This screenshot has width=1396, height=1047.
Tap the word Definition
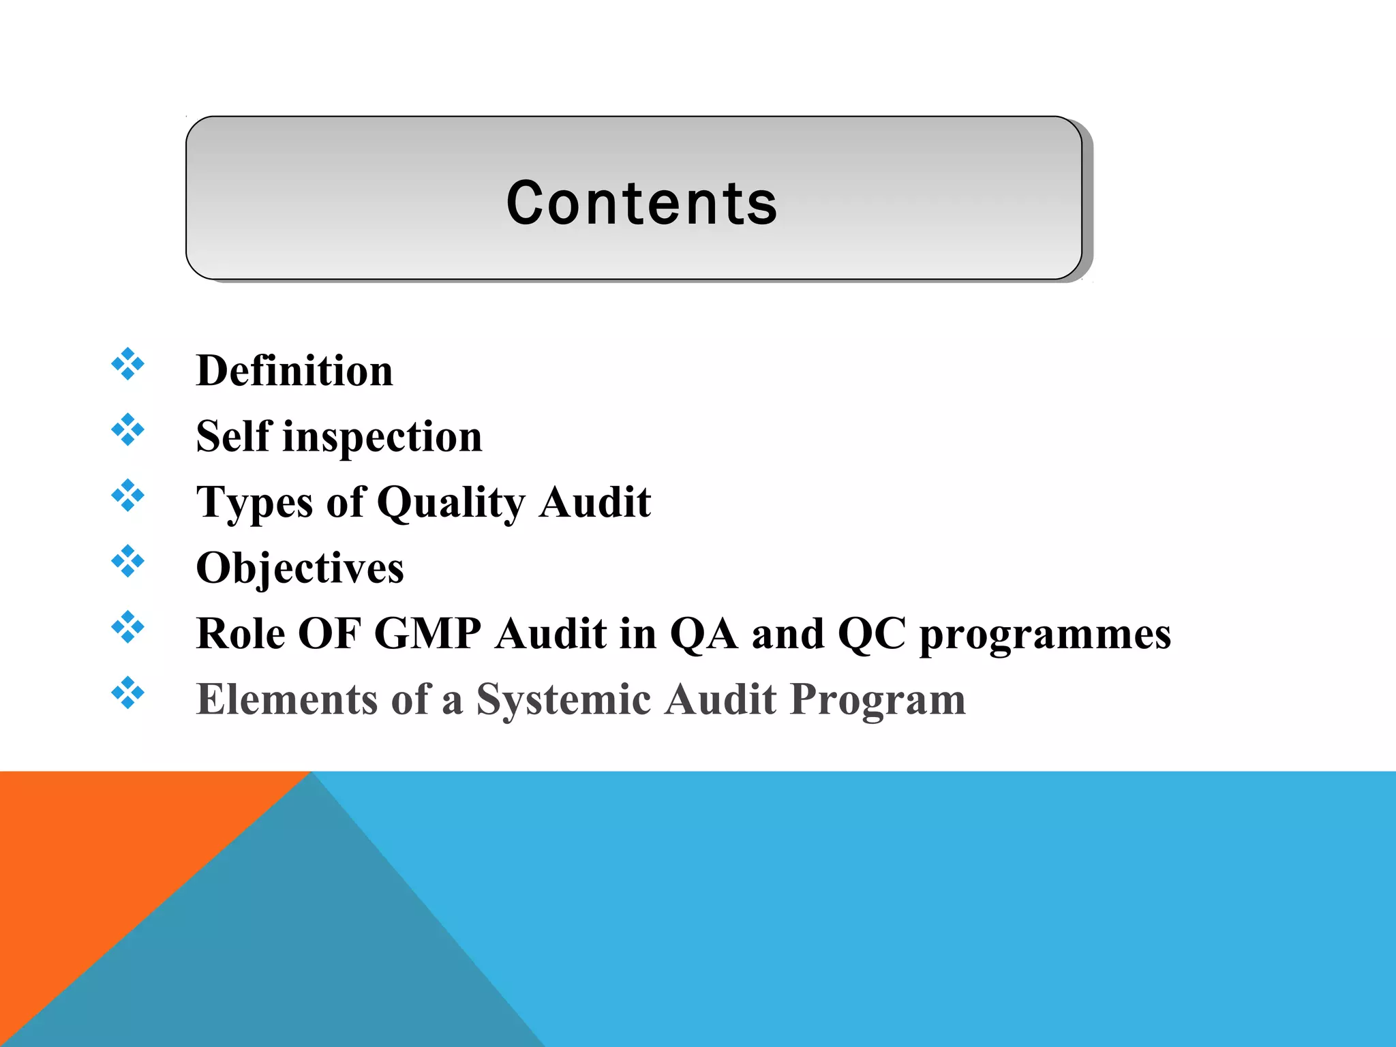pyautogui.click(x=294, y=371)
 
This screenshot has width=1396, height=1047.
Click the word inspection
pyautogui.click(x=382, y=437)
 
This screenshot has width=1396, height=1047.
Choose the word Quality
pyautogui.click(x=451, y=503)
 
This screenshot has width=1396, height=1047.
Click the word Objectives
pyautogui.click(x=300, y=568)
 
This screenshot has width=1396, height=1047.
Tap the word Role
pyautogui.click(x=240, y=633)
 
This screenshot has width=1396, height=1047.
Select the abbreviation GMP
pyautogui.click(x=427, y=633)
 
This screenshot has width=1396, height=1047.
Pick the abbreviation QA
pyautogui.click(x=703, y=634)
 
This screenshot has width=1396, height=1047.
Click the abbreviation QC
pyautogui.click(x=872, y=634)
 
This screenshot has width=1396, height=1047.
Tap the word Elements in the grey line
pyautogui.click(x=286, y=699)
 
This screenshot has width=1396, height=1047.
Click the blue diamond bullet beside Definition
pyautogui.click(x=127, y=364)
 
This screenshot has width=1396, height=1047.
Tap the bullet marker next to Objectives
pyautogui.click(x=127, y=561)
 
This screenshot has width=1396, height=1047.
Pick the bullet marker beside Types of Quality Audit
pyautogui.click(x=127, y=496)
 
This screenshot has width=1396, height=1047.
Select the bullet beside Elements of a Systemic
pyautogui.click(x=127, y=693)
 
